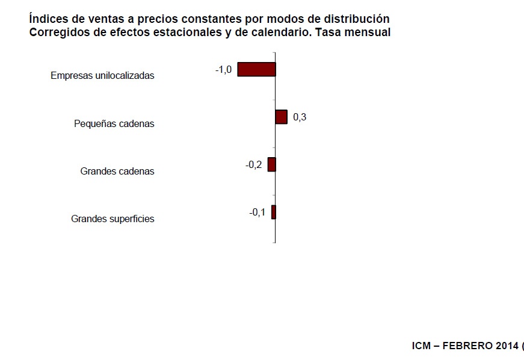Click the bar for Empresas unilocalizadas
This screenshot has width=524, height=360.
(x=256, y=69)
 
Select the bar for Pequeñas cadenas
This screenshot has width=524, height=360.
(x=281, y=117)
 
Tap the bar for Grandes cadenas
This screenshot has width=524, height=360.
(x=272, y=164)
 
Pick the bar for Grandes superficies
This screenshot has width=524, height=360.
(x=273, y=212)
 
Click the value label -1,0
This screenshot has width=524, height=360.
(x=223, y=70)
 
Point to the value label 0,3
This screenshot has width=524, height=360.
(x=300, y=117)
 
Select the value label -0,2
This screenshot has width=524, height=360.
(x=254, y=165)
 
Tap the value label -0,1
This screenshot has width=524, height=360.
(x=257, y=212)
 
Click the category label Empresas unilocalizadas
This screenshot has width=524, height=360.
(x=102, y=76)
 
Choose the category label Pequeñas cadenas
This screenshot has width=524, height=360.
(x=114, y=123)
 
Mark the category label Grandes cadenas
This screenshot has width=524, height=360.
(x=117, y=171)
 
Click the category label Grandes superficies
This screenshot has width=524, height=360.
(x=113, y=219)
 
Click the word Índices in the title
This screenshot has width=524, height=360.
(x=47, y=19)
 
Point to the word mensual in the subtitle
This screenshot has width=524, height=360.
(x=368, y=33)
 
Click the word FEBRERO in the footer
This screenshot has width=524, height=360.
(x=465, y=346)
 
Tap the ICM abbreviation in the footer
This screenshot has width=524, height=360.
(x=422, y=346)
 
